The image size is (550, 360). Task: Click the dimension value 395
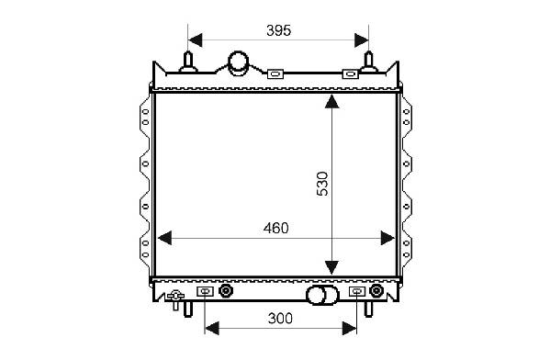(279, 30)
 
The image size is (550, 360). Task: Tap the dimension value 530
(322, 184)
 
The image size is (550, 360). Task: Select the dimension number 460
(276, 228)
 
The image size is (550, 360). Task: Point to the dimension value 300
(280, 319)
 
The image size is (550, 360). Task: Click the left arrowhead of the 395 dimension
(195, 40)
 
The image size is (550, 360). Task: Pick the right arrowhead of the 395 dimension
(362, 40)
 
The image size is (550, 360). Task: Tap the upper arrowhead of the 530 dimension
(331, 101)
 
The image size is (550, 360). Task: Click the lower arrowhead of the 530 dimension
(331, 268)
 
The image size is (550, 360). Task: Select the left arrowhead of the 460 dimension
(165, 238)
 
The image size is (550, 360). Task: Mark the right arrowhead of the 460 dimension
(387, 238)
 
